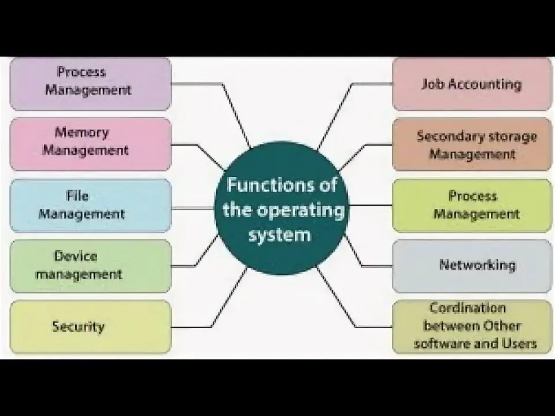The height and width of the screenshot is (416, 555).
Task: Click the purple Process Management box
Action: (91, 83)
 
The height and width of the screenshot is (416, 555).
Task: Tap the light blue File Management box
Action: (91, 205)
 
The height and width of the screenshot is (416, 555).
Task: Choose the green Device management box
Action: (91, 266)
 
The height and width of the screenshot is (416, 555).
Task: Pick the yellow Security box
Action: (91, 326)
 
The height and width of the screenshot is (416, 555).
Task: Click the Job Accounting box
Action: (472, 84)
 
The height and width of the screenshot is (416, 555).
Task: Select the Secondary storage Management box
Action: (472, 144)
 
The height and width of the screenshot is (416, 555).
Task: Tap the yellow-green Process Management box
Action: (472, 206)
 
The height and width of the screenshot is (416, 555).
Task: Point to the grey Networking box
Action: (472, 266)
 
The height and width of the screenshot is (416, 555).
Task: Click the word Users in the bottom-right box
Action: (516, 344)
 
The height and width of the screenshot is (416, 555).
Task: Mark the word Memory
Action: (82, 132)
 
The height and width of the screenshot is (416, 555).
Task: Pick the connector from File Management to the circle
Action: (194, 205)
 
